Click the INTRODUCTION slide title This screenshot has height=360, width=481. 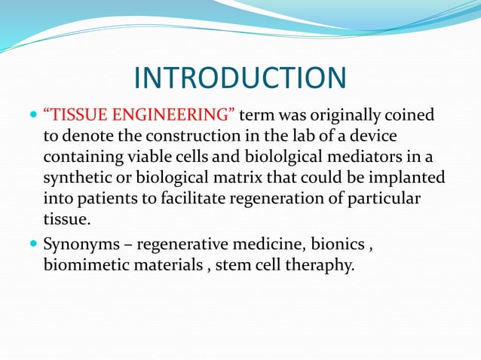pyautogui.click(x=240, y=78)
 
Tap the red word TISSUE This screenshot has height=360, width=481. pyautogui.click(x=80, y=114)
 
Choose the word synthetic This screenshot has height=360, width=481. pyautogui.click(x=80, y=178)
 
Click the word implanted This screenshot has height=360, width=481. pyautogui.click(x=409, y=178)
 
